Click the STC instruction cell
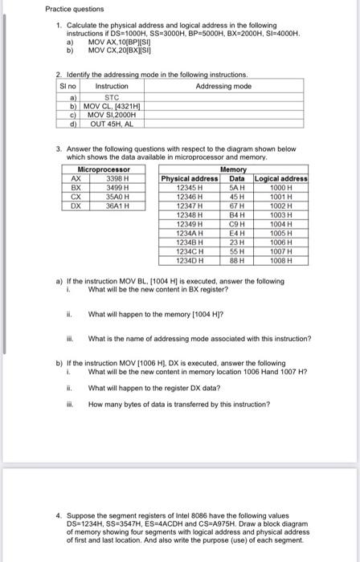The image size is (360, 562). [112, 96]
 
